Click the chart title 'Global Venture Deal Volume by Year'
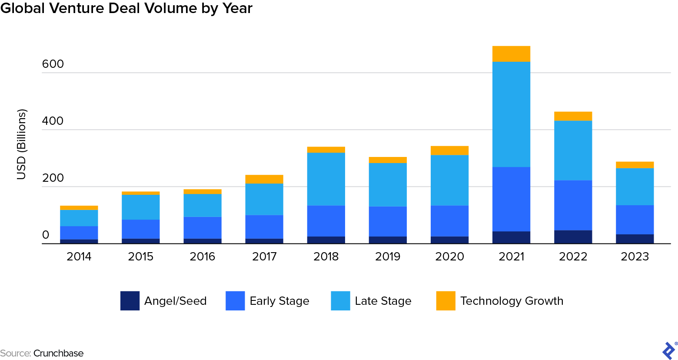pos(126,8)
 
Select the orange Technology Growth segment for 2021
pos(511,54)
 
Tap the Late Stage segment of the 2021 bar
pos(511,114)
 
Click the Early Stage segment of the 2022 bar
pos(573,205)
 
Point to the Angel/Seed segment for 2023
pos(635,239)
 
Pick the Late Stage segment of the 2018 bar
pos(326,179)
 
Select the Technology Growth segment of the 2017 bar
pos(264,179)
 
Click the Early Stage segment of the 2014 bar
pos(79,233)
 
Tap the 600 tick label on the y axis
pos(53,64)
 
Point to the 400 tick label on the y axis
pos(53,121)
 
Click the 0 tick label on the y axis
pos(46,235)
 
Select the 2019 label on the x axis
pos(388,257)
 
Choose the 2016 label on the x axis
pos(203,257)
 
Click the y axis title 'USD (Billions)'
pos(21,144)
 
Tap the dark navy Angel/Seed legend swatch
pos(130,301)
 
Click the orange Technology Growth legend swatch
pos(445,301)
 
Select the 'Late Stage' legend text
pos(383,301)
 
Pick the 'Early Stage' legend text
pos(279,301)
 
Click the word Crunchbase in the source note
pos(58,353)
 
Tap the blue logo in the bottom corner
pos(668,350)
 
